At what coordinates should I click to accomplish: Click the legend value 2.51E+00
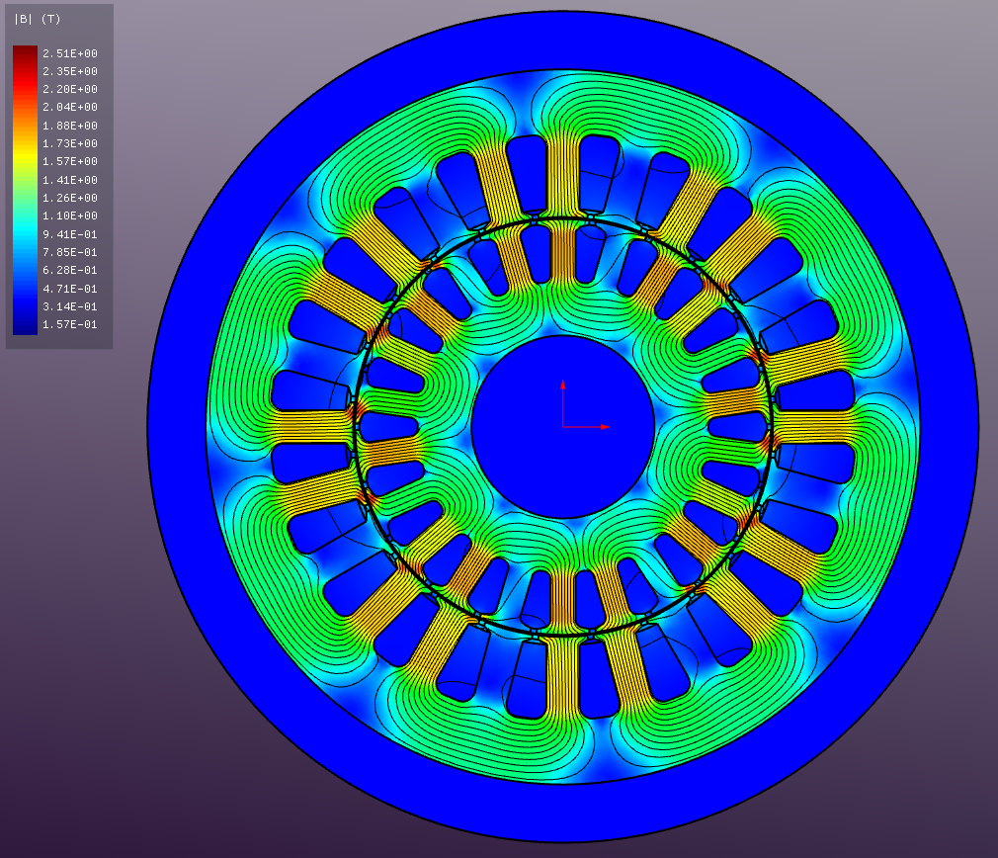pyautogui.click(x=69, y=53)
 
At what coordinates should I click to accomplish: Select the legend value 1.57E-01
pyautogui.click(x=69, y=324)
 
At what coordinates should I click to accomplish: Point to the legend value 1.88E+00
pyautogui.click(x=69, y=126)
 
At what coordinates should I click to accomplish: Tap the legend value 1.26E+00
pyautogui.click(x=69, y=198)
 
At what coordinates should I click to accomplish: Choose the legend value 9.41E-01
pyautogui.click(x=69, y=234)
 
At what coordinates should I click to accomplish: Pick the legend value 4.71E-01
pyautogui.click(x=69, y=289)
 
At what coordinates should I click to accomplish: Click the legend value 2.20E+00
pyautogui.click(x=69, y=89)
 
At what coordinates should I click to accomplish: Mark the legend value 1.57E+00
pyautogui.click(x=69, y=161)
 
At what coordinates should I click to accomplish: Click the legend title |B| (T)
pyautogui.click(x=37, y=19)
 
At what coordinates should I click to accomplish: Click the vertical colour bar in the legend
pyautogui.click(x=25, y=189)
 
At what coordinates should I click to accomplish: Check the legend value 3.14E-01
pyautogui.click(x=69, y=306)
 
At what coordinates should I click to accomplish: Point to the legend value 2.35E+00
pyautogui.click(x=69, y=71)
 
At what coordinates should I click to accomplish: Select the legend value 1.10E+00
pyautogui.click(x=69, y=215)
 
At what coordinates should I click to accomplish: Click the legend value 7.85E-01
pyautogui.click(x=69, y=252)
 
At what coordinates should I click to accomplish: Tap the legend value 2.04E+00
pyautogui.click(x=69, y=107)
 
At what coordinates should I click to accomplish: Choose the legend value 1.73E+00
pyautogui.click(x=69, y=143)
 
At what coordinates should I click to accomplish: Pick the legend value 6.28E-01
pyautogui.click(x=69, y=270)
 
